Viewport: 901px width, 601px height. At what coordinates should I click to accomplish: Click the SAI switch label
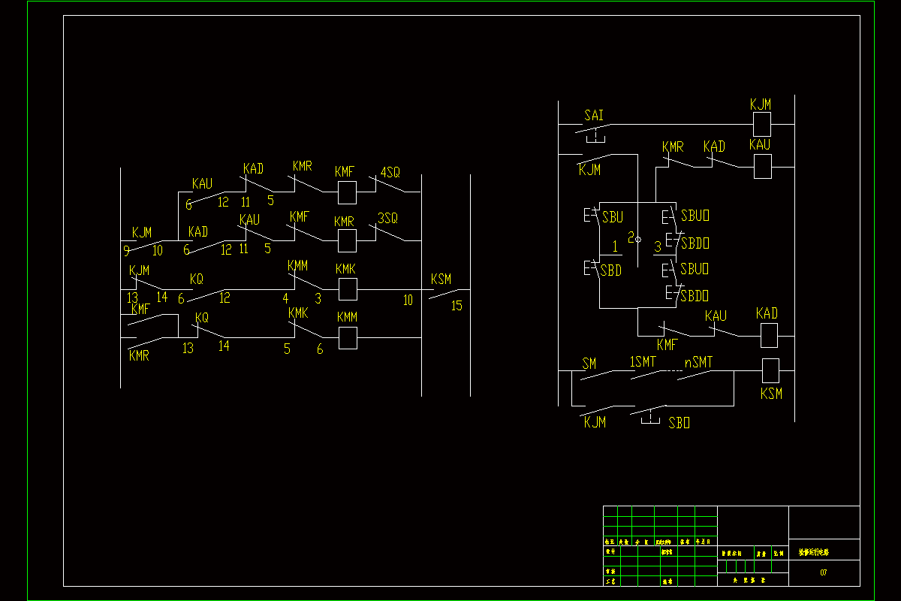[x=594, y=116]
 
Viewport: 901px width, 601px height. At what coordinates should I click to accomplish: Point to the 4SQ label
[x=390, y=172]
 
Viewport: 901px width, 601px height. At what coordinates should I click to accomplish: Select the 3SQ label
[x=387, y=218]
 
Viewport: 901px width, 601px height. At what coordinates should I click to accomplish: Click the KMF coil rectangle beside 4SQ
[x=347, y=192]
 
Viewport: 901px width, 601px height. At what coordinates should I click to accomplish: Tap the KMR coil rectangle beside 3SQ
[x=347, y=240]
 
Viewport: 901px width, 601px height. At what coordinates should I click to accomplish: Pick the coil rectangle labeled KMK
[x=347, y=289]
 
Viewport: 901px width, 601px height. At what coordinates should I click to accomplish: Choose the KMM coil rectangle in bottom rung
[x=347, y=338]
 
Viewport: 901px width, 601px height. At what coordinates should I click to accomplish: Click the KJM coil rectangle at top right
[x=762, y=124]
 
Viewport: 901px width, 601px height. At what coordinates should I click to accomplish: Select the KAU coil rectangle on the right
[x=763, y=167]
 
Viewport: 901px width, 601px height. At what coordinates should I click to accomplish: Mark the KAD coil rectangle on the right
[x=770, y=336]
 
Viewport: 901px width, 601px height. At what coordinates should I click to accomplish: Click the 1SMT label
[x=643, y=363]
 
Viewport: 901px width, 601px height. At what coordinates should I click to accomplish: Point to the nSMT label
[x=698, y=363]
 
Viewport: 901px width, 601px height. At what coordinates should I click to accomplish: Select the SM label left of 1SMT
[x=589, y=364]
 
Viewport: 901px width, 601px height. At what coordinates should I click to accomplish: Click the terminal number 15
[x=457, y=306]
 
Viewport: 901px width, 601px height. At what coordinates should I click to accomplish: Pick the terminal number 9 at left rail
[x=126, y=251]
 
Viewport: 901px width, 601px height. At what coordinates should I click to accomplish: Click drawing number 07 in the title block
[x=824, y=573]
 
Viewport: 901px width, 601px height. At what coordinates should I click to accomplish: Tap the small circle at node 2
[x=638, y=239]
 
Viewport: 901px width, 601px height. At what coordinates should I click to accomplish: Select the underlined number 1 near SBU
[x=615, y=246]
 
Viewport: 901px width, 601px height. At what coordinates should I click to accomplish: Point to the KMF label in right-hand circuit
[x=667, y=345]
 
